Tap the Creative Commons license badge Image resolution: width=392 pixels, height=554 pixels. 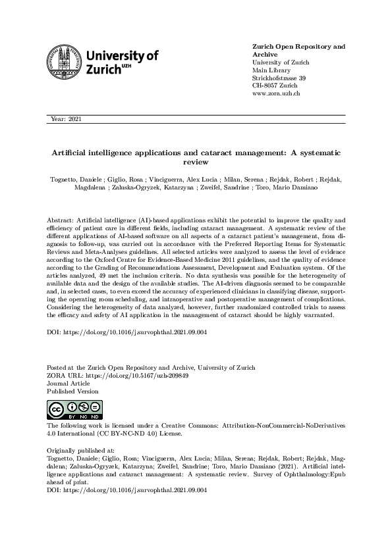tap(72, 409)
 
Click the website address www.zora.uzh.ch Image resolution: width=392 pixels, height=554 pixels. tap(277, 94)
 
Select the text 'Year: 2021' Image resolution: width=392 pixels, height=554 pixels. tap(66, 119)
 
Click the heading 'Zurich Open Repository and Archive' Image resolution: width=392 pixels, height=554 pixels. tap(298, 51)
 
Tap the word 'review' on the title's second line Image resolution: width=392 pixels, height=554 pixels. tap(196, 161)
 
